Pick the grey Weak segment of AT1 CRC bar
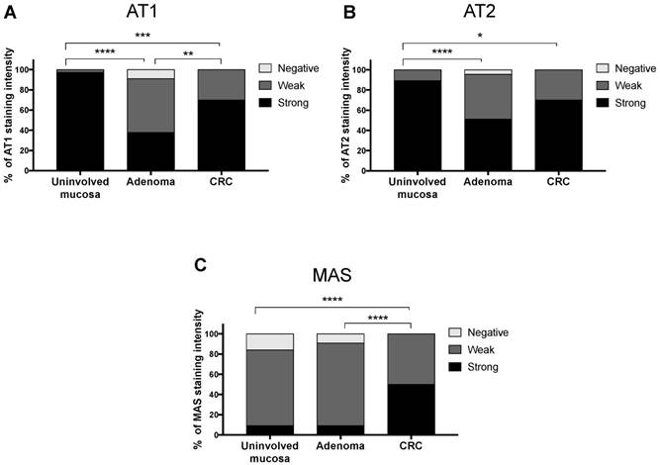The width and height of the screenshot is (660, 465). point(223,84)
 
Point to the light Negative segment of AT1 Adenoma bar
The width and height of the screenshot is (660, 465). point(151,73)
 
